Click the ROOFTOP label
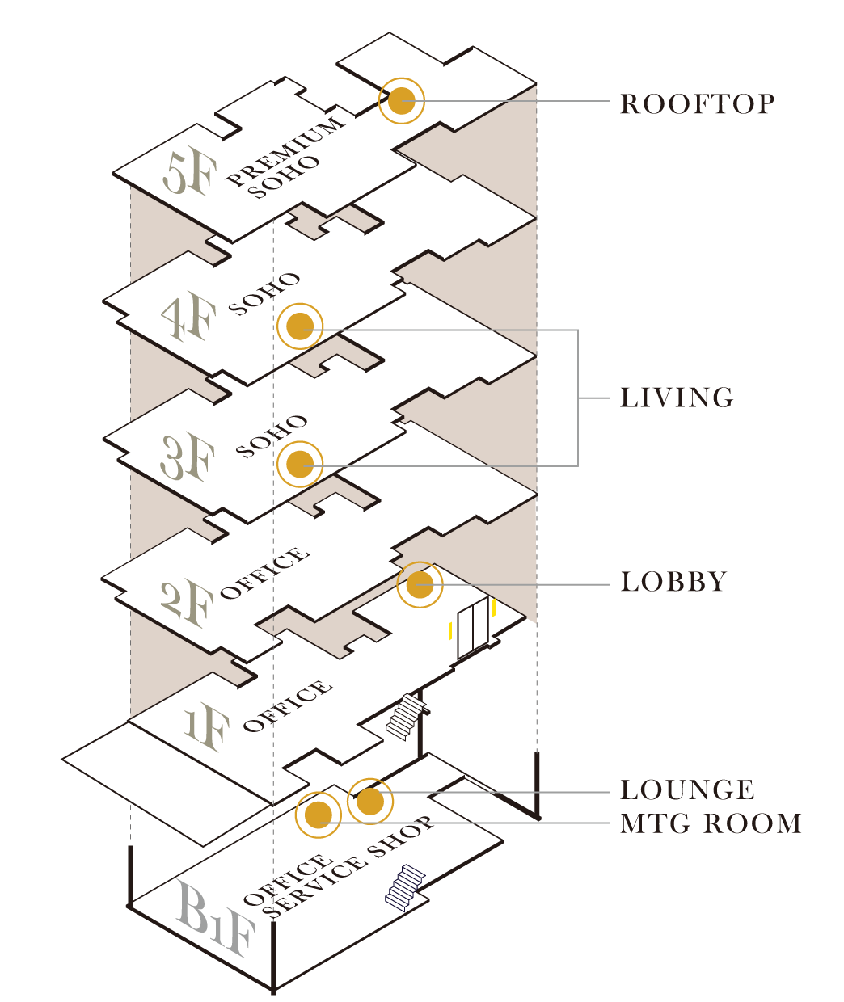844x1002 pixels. coord(697,104)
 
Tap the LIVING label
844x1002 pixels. coord(677,398)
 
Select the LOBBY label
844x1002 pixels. coord(673,582)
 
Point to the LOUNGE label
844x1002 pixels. coord(687,789)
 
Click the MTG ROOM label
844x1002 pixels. coord(711,823)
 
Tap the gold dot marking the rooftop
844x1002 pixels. coord(402,101)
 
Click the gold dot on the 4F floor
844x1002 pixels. coord(300,326)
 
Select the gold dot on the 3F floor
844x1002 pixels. coord(300,464)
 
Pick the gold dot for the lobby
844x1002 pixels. coord(420,584)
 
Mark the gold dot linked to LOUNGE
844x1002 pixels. coord(369,801)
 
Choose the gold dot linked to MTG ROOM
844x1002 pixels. coord(319,815)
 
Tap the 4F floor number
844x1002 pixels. coord(189,318)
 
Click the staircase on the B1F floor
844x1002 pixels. coord(405,887)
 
